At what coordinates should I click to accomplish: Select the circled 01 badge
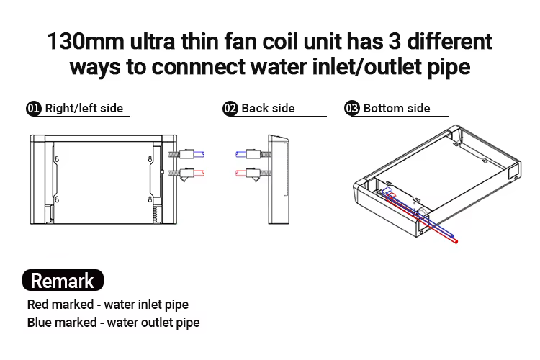tap(34, 109)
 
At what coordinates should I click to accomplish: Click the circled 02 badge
tap(230, 109)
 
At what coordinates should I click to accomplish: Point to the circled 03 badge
tap(353, 109)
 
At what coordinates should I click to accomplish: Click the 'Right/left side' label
tap(84, 109)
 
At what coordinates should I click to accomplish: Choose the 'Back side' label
tap(268, 109)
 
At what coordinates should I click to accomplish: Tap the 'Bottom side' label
tap(397, 109)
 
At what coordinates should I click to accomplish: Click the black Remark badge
tap(63, 280)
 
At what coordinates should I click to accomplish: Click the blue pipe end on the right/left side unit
tap(203, 153)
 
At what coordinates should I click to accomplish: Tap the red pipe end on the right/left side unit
tap(203, 173)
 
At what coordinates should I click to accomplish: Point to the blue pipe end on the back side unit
tap(238, 153)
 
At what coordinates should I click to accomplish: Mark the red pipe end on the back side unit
tap(238, 173)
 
